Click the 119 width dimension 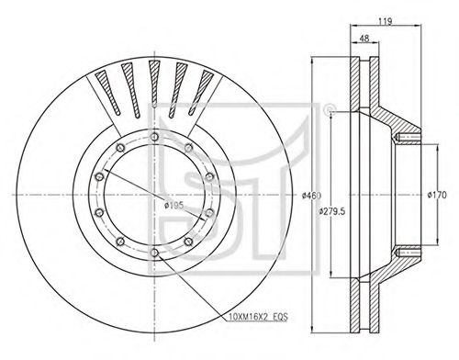[385, 21]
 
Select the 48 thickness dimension [364, 39]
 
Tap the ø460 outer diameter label [311, 196]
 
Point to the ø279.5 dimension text [331, 211]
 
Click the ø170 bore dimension [437, 195]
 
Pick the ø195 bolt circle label [174, 206]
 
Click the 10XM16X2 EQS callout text [257, 317]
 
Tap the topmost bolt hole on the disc [155, 137]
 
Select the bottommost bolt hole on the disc [155, 253]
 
